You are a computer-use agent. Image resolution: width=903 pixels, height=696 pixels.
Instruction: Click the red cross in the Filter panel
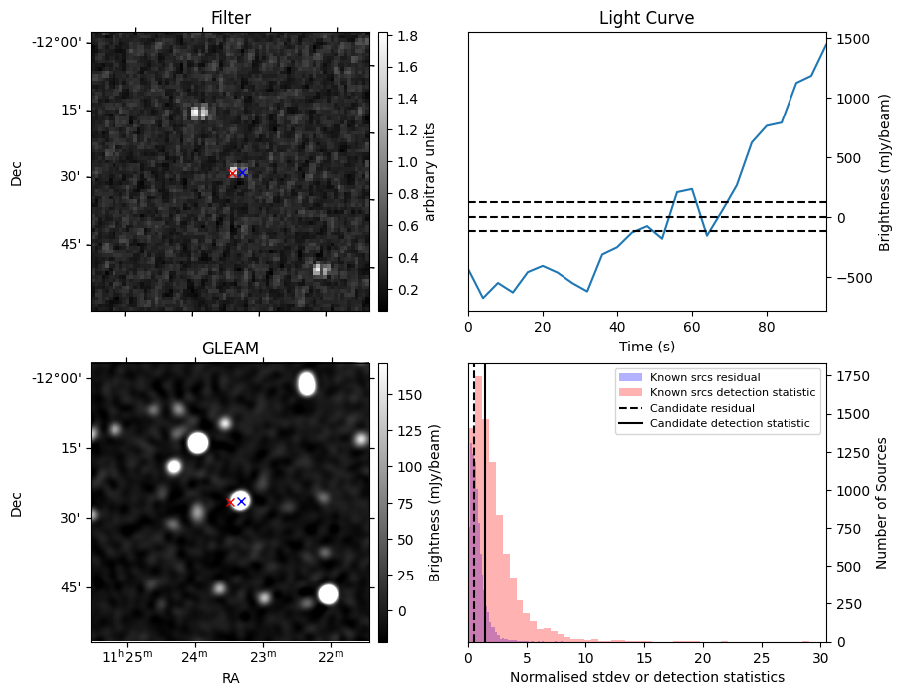tap(233, 173)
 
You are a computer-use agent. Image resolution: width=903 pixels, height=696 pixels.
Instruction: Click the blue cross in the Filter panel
tap(242, 172)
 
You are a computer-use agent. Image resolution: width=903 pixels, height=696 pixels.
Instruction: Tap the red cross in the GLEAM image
tap(230, 502)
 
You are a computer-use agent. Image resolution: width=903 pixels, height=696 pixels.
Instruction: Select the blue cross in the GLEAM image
tap(241, 501)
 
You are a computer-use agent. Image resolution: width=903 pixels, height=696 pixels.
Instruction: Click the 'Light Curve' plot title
tap(646, 19)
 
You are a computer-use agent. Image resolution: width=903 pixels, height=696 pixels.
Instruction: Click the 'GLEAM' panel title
tap(230, 348)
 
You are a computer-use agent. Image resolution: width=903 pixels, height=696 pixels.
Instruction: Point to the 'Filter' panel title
tap(230, 19)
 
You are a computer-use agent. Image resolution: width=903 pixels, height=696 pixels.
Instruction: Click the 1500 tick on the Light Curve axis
tap(855, 39)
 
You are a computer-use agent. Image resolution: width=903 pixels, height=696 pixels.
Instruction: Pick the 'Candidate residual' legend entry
tap(702, 408)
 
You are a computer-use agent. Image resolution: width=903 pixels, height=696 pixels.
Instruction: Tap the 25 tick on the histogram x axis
tap(762, 657)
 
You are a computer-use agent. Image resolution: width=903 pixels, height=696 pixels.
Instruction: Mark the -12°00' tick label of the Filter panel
tap(61, 42)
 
